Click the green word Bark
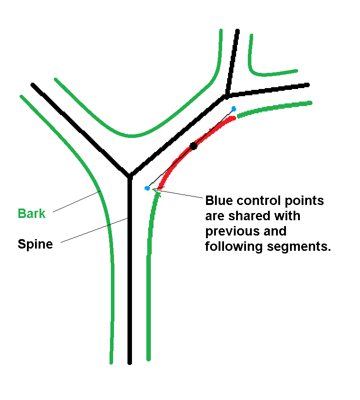32,213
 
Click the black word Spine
35,244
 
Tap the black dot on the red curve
193,146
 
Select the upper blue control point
234,109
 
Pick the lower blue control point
147,188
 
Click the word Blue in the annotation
220,200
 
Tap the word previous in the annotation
229,231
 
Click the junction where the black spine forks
129,175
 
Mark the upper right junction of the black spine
227,95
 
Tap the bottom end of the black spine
130,362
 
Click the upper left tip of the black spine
33,84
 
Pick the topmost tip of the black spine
237,31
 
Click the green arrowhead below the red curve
156,192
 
